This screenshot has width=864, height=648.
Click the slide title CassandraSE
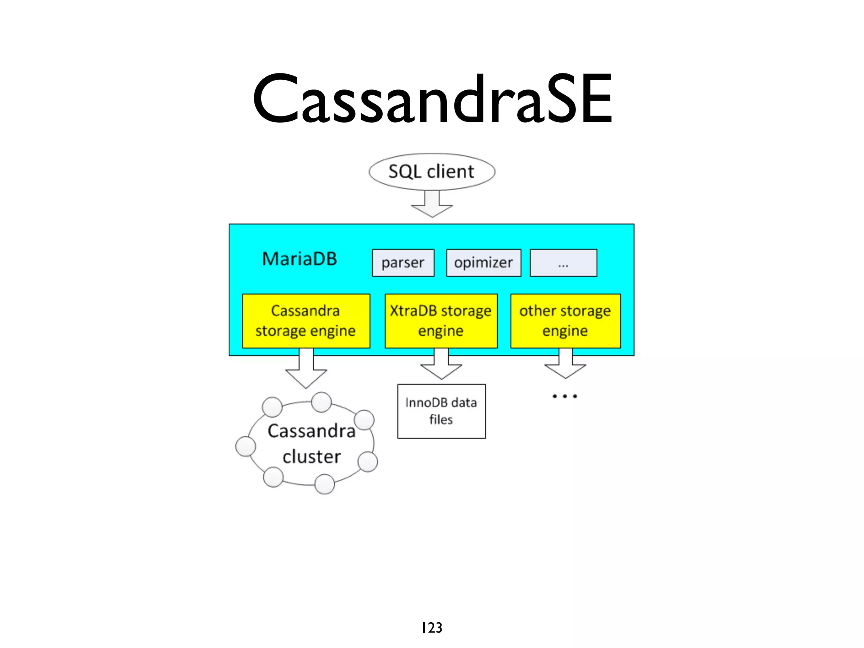point(432,99)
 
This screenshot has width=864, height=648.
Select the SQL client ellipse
point(432,172)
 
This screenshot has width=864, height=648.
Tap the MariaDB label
point(300,259)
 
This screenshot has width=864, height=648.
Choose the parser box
point(403,263)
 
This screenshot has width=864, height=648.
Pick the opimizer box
point(483,263)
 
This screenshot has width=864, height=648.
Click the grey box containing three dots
point(563,263)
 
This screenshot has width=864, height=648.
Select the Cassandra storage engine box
point(306,321)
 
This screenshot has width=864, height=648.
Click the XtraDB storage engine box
point(441,321)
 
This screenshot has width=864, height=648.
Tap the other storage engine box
point(565,321)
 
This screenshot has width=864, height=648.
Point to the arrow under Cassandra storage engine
point(306,369)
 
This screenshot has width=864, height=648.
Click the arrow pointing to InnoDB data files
point(441,365)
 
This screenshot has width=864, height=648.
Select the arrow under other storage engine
point(565,365)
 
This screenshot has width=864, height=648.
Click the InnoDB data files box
point(441,411)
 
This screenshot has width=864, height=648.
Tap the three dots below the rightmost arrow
point(565,396)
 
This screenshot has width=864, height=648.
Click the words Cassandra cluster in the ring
point(312,444)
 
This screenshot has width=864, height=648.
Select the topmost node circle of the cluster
point(321,402)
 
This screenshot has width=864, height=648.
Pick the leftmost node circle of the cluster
point(246,446)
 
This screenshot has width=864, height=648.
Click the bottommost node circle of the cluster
point(325,484)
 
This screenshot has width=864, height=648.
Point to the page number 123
point(432,628)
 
